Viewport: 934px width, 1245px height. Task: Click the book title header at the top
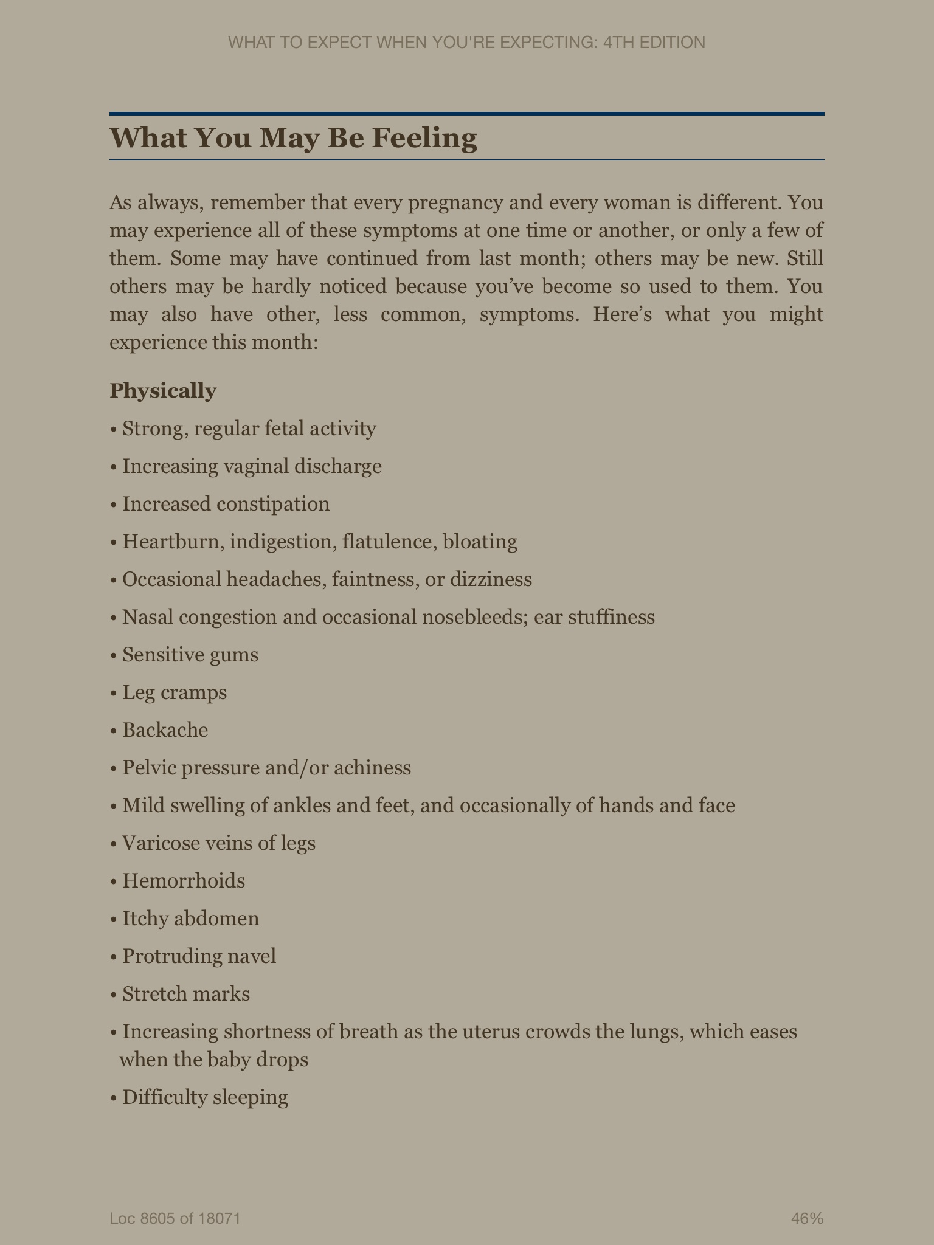(466, 43)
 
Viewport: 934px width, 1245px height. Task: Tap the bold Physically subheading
(163, 391)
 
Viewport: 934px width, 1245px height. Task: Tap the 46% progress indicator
(807, 1218)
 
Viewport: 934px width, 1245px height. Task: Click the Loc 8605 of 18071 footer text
(176, 1218)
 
